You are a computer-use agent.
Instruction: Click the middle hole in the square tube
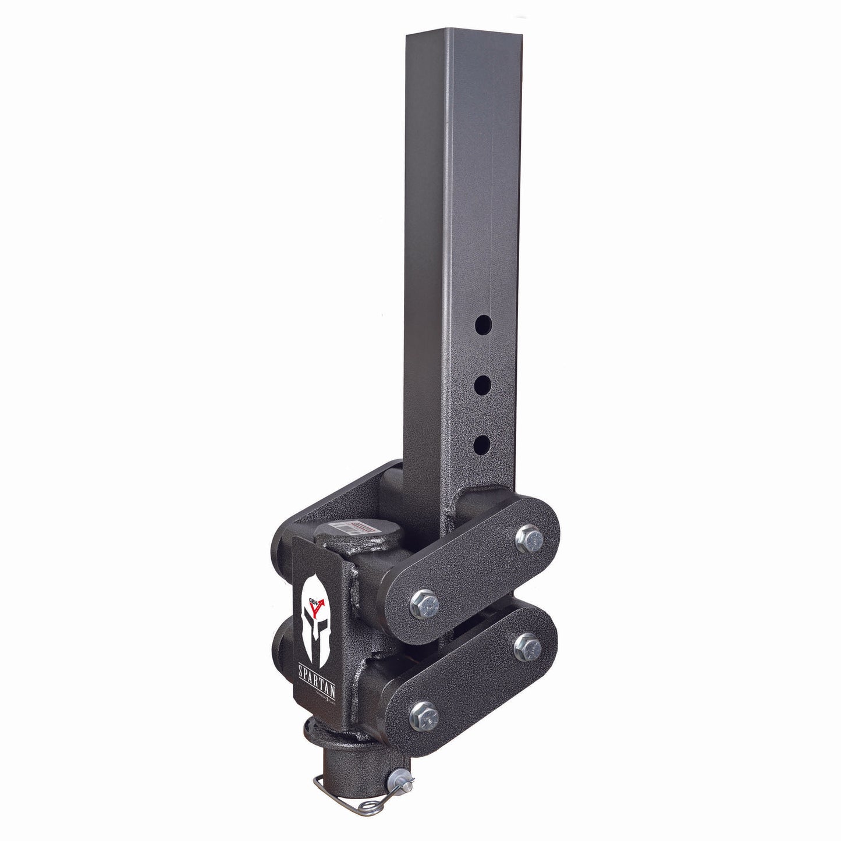481,385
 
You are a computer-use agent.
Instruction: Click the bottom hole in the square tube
481,446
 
